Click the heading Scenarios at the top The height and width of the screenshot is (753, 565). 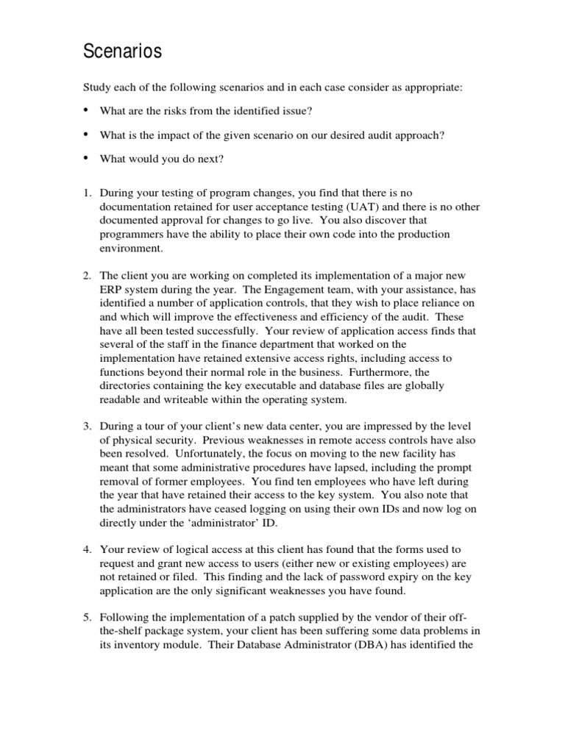(x=121, y=52)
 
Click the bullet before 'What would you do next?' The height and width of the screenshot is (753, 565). (x=86, y=157)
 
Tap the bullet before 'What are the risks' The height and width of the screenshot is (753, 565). (x=86, y=110)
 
